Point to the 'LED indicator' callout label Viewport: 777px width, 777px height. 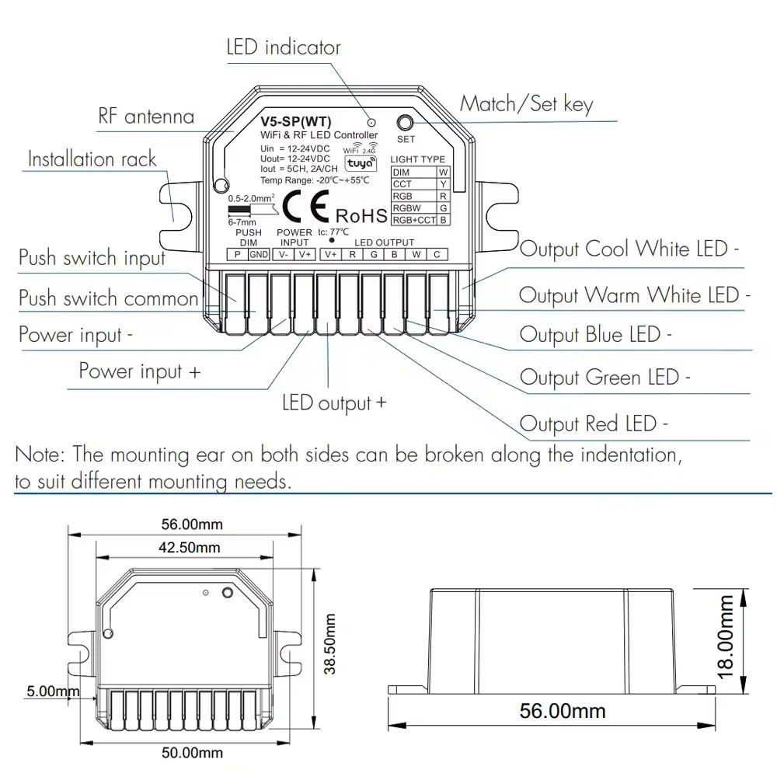click(284, 47)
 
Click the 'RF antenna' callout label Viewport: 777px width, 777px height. click(146, 117)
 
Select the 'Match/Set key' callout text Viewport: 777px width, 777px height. click(527, 104)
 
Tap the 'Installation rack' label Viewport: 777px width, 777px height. click(92, 159)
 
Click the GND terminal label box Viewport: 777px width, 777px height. click(260, 254)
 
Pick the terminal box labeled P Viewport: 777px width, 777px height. click(237, 254)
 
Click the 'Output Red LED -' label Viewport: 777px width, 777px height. click(594, 424)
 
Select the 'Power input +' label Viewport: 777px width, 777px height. click(140, 371)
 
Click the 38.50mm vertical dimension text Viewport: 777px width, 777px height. click(331, 643)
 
